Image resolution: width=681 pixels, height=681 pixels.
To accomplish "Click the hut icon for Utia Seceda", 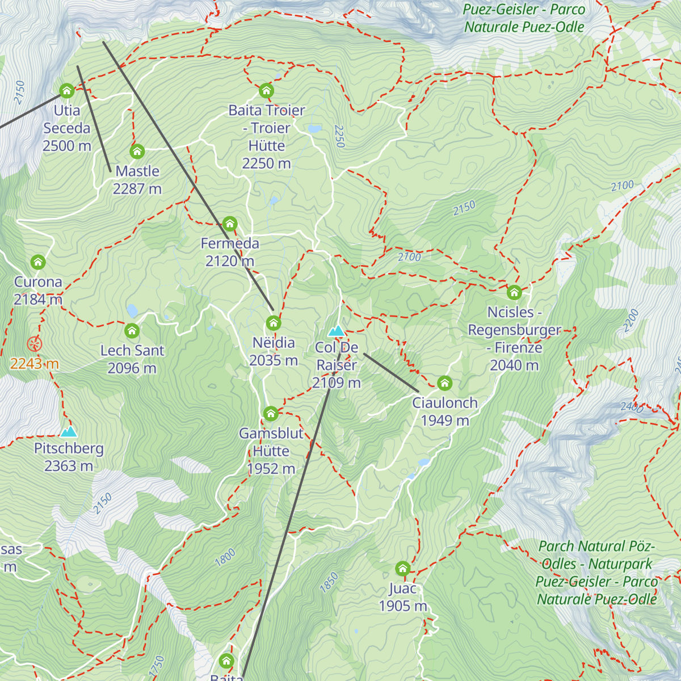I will coord(67,91).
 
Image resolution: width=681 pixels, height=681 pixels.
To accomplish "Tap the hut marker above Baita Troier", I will coord(266,91).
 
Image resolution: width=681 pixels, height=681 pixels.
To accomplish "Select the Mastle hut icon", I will coord(137,152).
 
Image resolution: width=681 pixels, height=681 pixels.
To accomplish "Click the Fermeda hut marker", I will coord(230,224).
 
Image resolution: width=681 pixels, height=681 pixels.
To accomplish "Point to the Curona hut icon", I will coord(38,262).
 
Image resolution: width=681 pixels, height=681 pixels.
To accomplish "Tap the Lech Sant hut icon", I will coord(132,331).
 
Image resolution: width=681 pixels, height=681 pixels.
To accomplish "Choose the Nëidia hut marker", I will coord(274,323).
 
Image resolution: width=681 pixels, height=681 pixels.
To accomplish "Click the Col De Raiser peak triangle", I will coord(337,331).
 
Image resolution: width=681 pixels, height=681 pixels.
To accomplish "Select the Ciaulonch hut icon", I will coord(445,384).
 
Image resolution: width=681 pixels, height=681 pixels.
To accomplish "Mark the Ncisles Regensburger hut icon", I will coord(514,293).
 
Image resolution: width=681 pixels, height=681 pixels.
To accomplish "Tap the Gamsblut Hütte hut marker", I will coord(271,414).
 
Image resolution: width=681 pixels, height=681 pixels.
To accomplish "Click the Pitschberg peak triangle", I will coord(69,431).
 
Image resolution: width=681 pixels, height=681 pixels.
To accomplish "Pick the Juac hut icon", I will coord(403,569).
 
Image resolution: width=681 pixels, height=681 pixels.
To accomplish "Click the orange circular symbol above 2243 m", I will coord(35,344).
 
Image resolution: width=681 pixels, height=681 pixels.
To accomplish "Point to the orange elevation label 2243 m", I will coord(35,364).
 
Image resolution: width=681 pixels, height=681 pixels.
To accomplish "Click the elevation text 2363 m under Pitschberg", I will coord(69,466).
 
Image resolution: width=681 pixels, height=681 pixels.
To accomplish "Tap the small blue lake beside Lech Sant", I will coord(132,310).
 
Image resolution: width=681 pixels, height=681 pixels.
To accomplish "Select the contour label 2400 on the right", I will coord(632,407).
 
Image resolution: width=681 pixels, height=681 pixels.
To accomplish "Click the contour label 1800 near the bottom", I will coord(225,558).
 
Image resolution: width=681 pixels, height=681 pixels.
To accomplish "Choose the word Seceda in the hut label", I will coord(67,128).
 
